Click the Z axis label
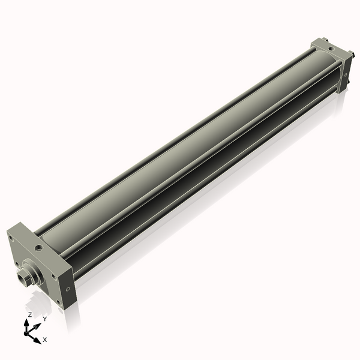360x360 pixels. tap(30, 314)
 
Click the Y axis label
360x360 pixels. tap(44, 319)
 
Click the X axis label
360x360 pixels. tap(45, 340)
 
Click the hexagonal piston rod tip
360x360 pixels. tap(24, 277)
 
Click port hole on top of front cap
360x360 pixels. tap(39, 247)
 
